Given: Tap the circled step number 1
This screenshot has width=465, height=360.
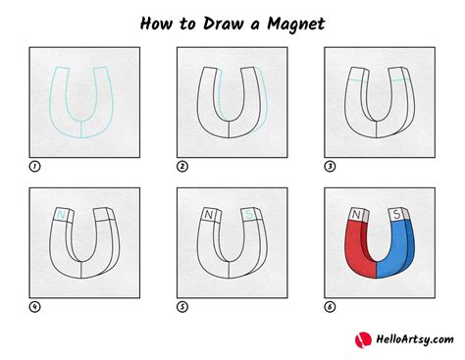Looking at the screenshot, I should (x=33, y=166).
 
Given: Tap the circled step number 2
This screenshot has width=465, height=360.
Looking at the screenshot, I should (x=181, y=166).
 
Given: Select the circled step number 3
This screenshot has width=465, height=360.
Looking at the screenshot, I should (x=330, y=166).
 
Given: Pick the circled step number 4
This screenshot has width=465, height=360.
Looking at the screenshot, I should (x=33, y=307).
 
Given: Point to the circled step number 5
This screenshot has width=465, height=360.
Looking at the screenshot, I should (x=181, y=307).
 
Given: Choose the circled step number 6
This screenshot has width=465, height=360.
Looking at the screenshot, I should (x=330, y=307).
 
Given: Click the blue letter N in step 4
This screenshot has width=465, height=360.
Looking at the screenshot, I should (x=63, y=215).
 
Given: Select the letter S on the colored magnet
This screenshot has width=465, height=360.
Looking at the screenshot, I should (x=397, y=213).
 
